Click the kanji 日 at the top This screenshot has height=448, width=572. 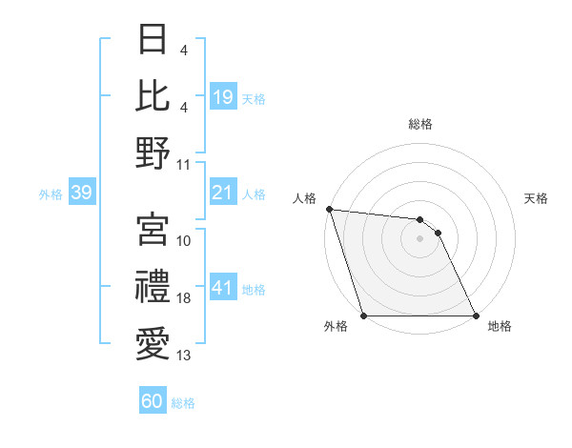pyautogui.click(x=153, y=41)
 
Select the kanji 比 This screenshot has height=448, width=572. pyautogui.click(x=153, y=95)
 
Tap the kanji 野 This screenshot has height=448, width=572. pyautogui.click(x=153, y=153)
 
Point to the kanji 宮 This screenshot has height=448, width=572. pyautogui.click(x=153, y=230)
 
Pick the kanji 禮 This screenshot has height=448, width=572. pyautogui.click(x=153, y=286)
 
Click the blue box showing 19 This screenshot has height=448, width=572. pyautogui.click(x=222, y=97)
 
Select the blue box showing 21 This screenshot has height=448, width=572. pyautogui.click(x=222, y=193)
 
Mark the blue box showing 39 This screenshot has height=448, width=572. pyautogui.click(x=81, y=193)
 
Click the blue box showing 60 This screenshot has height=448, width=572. pyautogui.click(x=153, y=401)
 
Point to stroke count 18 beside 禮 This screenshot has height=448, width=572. pyautogui.click(x=184, y=299)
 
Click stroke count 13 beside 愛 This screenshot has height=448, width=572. pyautogui.click(x=184, y=356)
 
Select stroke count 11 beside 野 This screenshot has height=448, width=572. pyautogui.click(x=184, y=164)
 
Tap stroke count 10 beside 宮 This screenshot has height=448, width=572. pyautogui.click(x=184, y=241)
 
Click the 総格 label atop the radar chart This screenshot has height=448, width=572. pyautogui.click(x=420, y=125)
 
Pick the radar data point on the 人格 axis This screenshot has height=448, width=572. pyautogui.click(x=329, y=209)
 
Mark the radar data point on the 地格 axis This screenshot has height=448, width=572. pyautogui.click(x=476, y=316)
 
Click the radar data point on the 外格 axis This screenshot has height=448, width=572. pyautogui.click(x=364, y=316)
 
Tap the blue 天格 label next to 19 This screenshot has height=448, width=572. pyautogui.click(x=254, y=98)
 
